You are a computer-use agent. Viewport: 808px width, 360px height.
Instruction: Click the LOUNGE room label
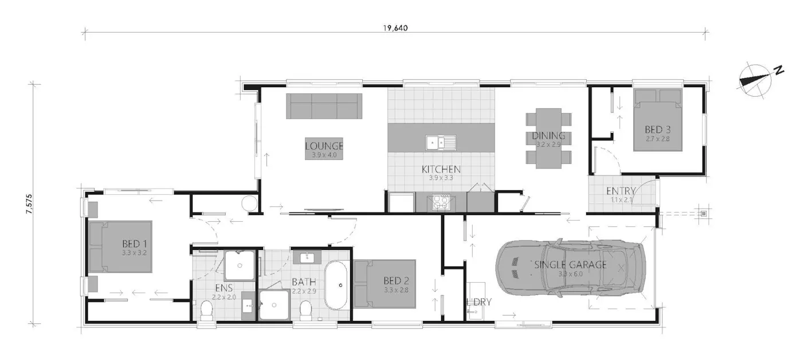click(324, 146)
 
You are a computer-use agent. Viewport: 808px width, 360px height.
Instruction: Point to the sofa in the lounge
click(324, 106)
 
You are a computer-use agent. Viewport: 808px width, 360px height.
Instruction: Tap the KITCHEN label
click(441, 169)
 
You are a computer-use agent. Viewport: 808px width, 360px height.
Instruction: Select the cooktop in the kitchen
click(441, 201)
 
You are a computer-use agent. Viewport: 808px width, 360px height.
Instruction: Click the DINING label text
click(548, 136)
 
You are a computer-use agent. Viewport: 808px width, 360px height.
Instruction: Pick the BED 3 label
click(657, 130)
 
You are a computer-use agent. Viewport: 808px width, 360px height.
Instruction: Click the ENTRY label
click(621, 191)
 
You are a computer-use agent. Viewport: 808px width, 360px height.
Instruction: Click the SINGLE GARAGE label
click(570, 265)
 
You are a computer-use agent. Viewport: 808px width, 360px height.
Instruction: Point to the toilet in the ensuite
click(207, 310)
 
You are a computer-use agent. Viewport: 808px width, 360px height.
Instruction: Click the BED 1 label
click(135, 243)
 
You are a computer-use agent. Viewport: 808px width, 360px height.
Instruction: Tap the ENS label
click(223, 288)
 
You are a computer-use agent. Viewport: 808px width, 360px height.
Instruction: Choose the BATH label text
click(303, 282)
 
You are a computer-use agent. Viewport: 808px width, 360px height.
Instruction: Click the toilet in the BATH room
click(306, 310)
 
